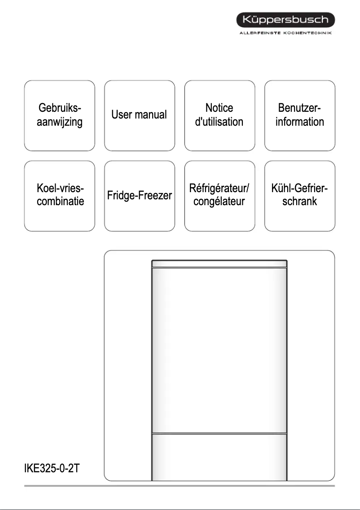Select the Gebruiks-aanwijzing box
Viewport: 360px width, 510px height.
click(x=60, y=115)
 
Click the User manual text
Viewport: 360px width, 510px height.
click(x=139, y=115)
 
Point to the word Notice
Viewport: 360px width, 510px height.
click(x=219, y=108)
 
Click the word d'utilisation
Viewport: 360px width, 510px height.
click(x=219, y=122)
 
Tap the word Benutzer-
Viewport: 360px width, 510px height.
click(x=299, y=108)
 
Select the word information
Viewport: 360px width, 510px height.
click(x=299, y=122)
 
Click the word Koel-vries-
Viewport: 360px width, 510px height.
click(x=60, y=188)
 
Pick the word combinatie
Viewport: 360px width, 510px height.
click(x=60, y=201)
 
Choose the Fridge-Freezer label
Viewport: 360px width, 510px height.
click(x=139, y=196)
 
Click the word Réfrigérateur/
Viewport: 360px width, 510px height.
click(x=219, y=188)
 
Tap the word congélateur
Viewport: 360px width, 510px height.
click(x=219, y=201)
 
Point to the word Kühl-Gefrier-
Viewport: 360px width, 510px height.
click(x=299, y=188)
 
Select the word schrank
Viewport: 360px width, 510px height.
click(x=299, y=201)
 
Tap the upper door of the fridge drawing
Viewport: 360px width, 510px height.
click(x=219, y=350)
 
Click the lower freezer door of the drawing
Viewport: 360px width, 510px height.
click(x=219, y=458)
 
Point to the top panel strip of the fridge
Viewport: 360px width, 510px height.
click(x=219, y=264)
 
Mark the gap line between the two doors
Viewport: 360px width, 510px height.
click(x=219, y=434)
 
